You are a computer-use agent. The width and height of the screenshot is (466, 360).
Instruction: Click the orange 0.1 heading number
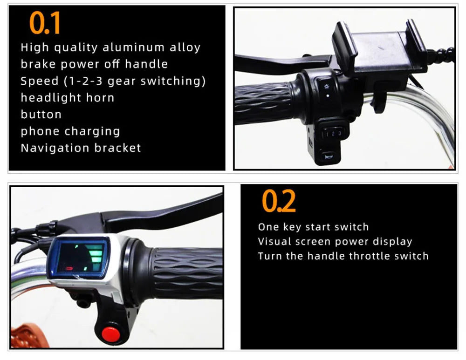click(x=45, y=23)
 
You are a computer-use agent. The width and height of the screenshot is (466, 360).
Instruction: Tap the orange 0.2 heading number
click(x=279, y=201)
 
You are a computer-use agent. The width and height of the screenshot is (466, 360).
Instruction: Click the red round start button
click(x=111, y=334)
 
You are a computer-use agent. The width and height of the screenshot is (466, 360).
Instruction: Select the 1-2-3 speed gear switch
click(x=333, y=134)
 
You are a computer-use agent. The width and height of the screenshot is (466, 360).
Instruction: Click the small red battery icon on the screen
click(x=69, y=269)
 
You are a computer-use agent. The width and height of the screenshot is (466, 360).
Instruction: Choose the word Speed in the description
click(x=40, y=81)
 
